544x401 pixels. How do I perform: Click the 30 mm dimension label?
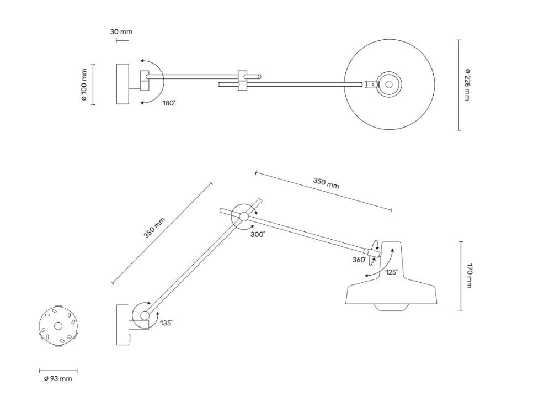[121, 32]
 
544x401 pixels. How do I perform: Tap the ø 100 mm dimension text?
[84, 85]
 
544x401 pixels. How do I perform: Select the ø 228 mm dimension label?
[467, 85]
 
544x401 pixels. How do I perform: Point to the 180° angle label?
[169, 103]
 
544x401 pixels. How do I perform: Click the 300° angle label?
[258, 234]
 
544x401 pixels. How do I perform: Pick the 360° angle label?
[359, 259]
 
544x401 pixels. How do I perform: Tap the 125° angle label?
[392, 272]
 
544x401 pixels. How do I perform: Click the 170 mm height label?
[469, 276]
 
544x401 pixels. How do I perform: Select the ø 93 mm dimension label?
[58, 379]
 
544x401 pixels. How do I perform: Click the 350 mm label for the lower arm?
[154, 228]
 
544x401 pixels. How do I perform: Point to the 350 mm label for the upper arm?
[326, 183]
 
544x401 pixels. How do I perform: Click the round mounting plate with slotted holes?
[58, 326]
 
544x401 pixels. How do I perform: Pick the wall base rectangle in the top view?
[122, 84]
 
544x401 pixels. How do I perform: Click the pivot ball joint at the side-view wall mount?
[145, 316]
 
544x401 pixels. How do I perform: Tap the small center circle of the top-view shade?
[389, 85]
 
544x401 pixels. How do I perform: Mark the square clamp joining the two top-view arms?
[243, 81]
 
